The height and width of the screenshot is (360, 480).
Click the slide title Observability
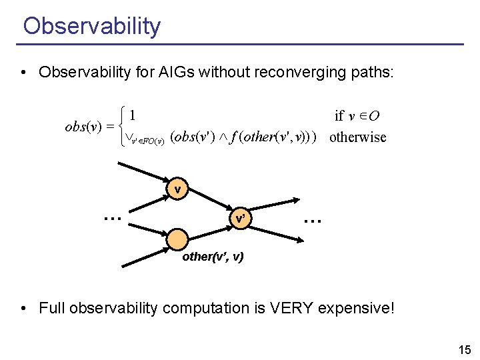coord(91,26)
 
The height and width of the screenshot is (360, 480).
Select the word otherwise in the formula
coord(358,138)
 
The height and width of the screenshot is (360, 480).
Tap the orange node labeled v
coord(178,189)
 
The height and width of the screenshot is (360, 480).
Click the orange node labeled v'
coord(240,218)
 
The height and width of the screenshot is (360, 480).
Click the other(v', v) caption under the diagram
coord(213,257)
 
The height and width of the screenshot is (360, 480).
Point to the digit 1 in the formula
coord(133,115)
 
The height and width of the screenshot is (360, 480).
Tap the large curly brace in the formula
coord(121,127)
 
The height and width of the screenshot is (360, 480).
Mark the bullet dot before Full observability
coord(24,308)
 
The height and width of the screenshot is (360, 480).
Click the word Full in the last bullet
coord(51,308)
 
